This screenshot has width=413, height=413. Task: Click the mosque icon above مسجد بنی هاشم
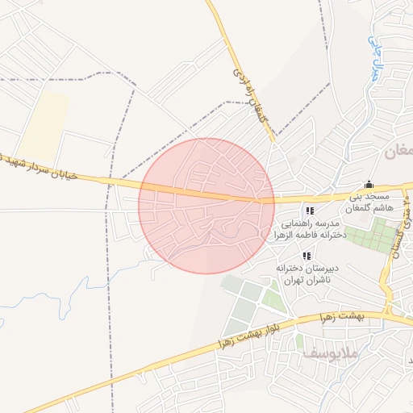pyautogui.click(x=369, y=183)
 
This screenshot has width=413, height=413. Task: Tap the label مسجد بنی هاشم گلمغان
pyautogui.click(x=369, y=202)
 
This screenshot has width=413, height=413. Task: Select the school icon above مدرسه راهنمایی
pyautogui.click(x=310, y=211)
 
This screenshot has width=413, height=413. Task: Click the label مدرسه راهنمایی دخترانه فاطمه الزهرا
pyautogui.click(x=311, y=228)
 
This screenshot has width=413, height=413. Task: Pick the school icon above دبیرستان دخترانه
pyautogui.click(x=306, y=256)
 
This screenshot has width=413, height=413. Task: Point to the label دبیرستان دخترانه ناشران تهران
pyautogui.click(x=301, y=273)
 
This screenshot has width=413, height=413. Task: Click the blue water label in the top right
pyautogui.click(x=372, y=53)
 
